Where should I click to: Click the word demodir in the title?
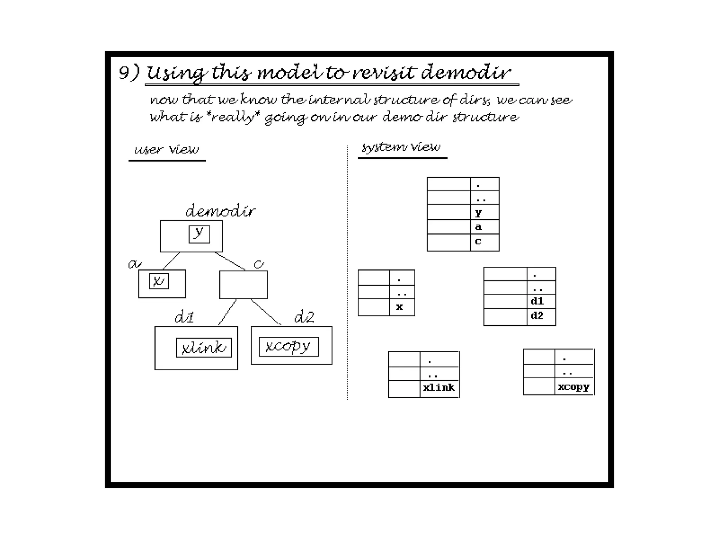coord(465,73)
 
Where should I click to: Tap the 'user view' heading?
coord(166,150)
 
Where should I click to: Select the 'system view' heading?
coord(401,147)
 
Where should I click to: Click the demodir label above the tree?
coord(220,211)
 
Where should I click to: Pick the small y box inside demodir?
coord(199,234)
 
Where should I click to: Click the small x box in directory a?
coord(159,281)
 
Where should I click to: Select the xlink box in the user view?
coord(204,348)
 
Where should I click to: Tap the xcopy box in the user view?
coord(289,347)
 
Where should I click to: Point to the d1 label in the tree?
coord(184,317)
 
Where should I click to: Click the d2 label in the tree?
coord(304,317)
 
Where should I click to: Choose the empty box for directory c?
coord(243,285)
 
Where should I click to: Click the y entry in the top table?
coord(484,213)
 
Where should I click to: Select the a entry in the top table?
coord(484,227)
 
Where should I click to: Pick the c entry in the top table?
coord(484,242)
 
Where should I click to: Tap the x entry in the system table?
coord(402,307)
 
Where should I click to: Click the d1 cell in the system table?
coord(541,301)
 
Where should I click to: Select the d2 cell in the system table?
coord(541,316)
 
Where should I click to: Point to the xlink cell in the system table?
coord(439,388)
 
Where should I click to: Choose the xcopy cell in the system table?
coord(574,387)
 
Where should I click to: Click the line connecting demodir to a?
coord(171,261)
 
